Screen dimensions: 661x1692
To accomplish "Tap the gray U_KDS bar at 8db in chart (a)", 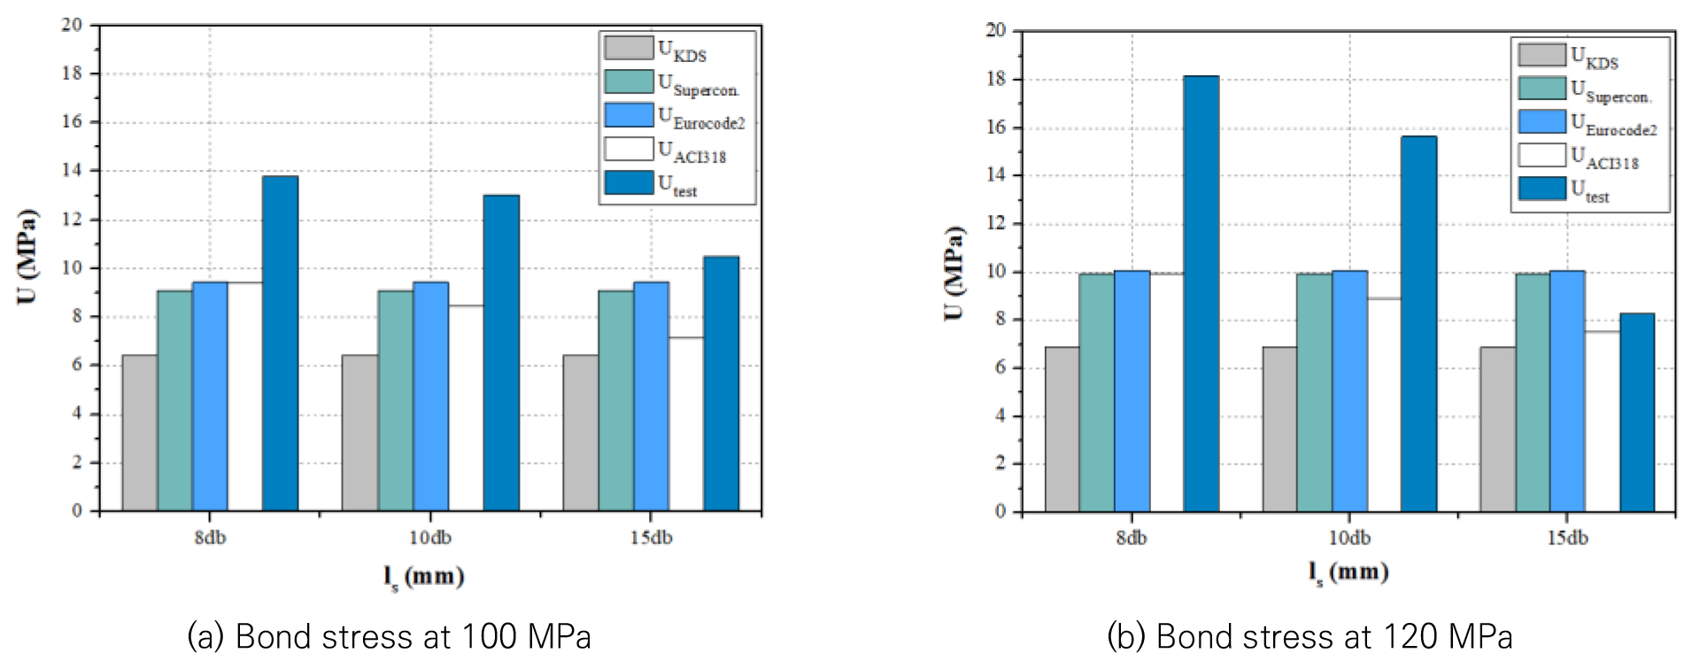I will coord(140,433).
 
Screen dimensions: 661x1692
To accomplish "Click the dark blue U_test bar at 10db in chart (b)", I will coord(1418,324).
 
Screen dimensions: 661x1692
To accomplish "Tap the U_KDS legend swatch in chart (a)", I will coord(629,48).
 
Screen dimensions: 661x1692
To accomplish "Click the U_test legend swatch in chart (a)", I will coord(629,183).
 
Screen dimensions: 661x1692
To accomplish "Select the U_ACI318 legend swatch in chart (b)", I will coord(1541,155).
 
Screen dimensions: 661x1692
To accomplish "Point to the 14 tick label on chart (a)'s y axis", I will coord(72,170).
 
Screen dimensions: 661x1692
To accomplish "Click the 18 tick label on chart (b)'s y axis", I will coord(996,79).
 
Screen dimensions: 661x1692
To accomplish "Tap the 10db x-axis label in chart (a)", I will coord(430,538).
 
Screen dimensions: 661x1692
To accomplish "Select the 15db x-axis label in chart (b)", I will coord(1567,538).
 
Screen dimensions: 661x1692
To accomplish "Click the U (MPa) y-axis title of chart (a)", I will coord(27,257).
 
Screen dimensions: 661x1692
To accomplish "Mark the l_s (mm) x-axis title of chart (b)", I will coord(1348,573).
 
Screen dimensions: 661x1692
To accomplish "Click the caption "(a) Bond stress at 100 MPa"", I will coord(389,636).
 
